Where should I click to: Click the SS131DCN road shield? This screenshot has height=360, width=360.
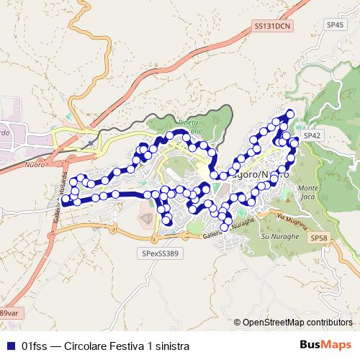click(x=274, y=25)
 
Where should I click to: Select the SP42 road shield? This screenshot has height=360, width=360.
click(x=312, y=135)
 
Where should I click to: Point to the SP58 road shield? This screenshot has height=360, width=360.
click(x=318, y=238)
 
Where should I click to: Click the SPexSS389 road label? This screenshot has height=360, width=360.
click(x=163, y=253)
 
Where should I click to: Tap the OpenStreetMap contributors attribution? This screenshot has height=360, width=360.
click(x=297, y=323)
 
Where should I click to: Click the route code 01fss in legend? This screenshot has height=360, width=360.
click(x=35, y=346)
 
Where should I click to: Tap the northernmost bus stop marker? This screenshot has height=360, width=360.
click(x=290, y=112)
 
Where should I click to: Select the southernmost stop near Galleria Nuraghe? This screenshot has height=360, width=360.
click(x=225, y=228)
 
